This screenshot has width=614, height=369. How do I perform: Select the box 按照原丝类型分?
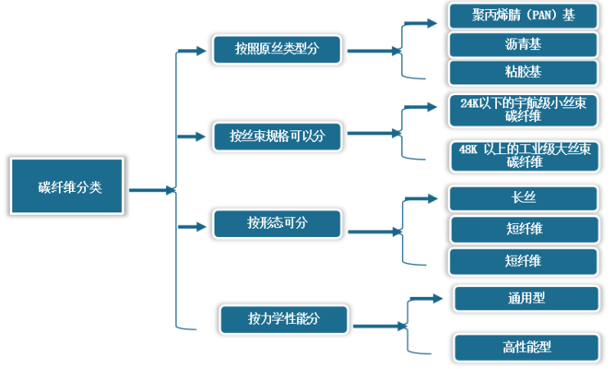[276, 49]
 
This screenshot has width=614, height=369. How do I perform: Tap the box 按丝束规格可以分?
[277, 136]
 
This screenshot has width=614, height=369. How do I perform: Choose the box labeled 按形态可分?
[277, 223]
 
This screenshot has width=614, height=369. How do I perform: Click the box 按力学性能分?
[283, 318]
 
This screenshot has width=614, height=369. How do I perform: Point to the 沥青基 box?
[523, 43]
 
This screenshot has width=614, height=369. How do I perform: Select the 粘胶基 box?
[523, 72]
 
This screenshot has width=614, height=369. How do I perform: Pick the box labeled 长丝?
[523, 198]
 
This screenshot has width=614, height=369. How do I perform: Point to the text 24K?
[472, 103]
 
